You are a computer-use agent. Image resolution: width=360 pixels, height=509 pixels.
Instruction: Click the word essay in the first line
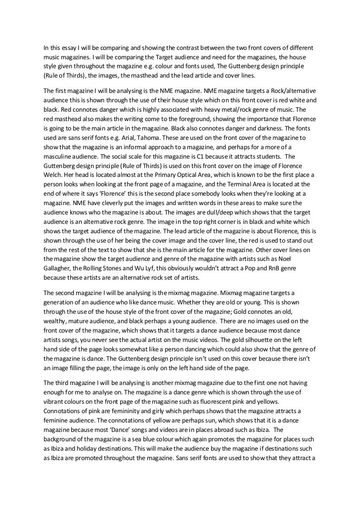pyautogui.click(x=67, y=48)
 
